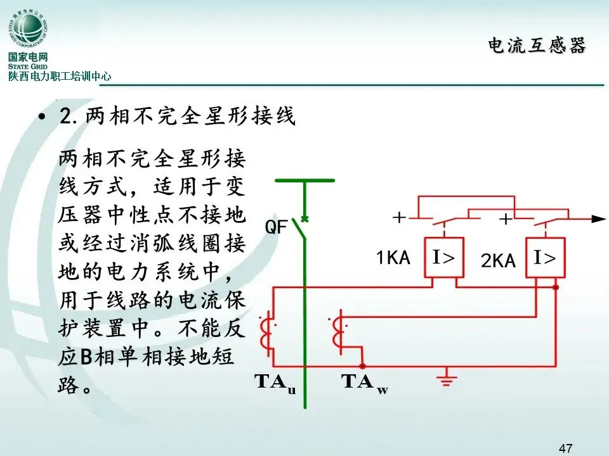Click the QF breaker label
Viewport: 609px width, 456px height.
tap(276, 227)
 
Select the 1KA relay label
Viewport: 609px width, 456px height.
tap(393, 258)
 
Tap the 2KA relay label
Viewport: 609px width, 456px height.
tap(498, 260)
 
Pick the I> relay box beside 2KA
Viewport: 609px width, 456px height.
tap(545, 258)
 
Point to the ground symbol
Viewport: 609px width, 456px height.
tap(448, 379)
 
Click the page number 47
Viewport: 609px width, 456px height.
tap(566, 448)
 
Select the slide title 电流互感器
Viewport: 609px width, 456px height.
tap(537, 46)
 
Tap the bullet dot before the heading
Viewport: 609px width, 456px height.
tap(43, 118)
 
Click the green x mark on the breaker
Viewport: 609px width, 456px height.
tap(304, 219)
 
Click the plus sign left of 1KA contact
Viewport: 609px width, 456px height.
tap(399, 218)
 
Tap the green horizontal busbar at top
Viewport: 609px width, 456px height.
tap(304, 180)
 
